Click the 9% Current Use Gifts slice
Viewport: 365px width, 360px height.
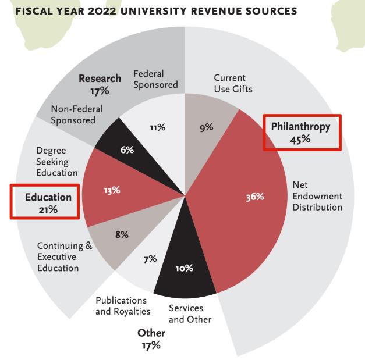[207, 128]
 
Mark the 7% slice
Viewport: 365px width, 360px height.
[150, 258]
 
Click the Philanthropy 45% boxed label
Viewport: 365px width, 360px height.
[300, 133]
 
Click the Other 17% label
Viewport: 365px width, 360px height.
[151, 339]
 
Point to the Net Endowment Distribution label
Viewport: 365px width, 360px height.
[317, 196]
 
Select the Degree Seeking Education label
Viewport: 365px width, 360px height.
[56, 161]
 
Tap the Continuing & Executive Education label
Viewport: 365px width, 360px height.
[64, 256]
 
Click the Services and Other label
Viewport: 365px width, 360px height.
[190, 313]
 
